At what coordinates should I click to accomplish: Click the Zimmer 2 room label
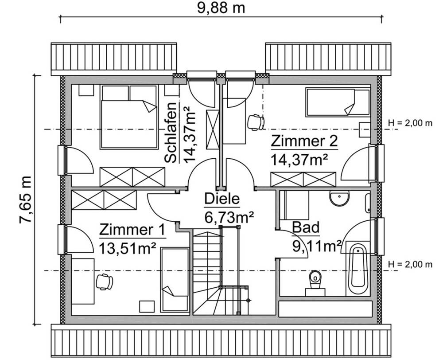click(304, 141)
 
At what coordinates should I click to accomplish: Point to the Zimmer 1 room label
click(132, 230)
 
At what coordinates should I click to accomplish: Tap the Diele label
click(221, 199)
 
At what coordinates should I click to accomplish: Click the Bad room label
click(306, 227)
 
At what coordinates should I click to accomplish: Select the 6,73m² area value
click(229, 217)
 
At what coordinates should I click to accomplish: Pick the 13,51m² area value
click(128, 247)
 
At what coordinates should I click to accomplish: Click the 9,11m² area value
click(316, 245)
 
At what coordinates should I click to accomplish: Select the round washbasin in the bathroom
click(339, 198)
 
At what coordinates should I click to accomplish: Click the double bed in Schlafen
click(129, 117)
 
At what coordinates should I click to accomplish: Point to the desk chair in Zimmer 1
click(104, 282)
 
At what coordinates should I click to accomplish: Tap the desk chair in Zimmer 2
click(256, 122)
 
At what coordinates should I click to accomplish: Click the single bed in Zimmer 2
click(337, 102)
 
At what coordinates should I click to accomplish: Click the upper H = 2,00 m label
click(409, 123)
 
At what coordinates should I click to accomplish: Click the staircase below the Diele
click(219, 270)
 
